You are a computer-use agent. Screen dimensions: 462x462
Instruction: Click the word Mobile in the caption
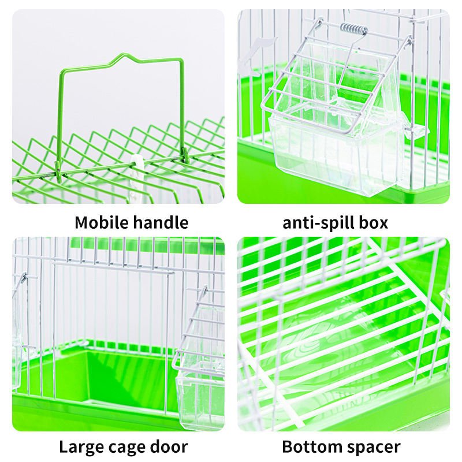click(102, 222)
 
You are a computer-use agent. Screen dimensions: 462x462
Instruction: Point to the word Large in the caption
click(81, 447)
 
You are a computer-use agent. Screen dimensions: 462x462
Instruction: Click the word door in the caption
click(169, 446)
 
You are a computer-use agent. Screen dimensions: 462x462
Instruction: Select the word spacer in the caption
click(372, 448)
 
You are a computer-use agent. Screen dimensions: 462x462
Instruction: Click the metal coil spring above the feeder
click(354, 29)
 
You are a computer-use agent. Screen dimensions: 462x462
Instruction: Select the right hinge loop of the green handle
click(185, 155)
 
